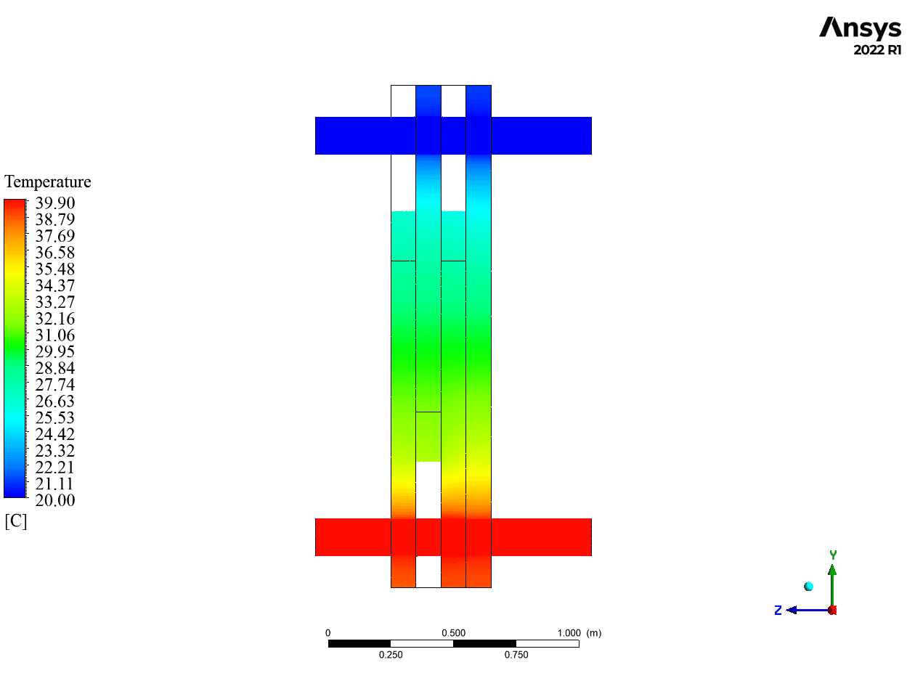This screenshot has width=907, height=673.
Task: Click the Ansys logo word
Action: coord(860,28)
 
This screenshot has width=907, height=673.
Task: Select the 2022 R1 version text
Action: coord(877,50)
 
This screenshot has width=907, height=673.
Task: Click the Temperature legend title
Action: coord(47,182)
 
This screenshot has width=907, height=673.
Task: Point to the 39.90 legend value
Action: coord(55,203)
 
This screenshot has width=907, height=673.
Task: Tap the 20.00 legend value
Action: coord(55,500)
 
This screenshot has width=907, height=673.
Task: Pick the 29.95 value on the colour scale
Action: coord(55,351)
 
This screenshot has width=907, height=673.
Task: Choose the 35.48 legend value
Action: coord(55,269)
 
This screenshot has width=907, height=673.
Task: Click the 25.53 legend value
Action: coord(55,417)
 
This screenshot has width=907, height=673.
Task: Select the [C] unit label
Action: coord(16,521)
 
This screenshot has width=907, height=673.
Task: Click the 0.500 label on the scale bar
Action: coord(453,633)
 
